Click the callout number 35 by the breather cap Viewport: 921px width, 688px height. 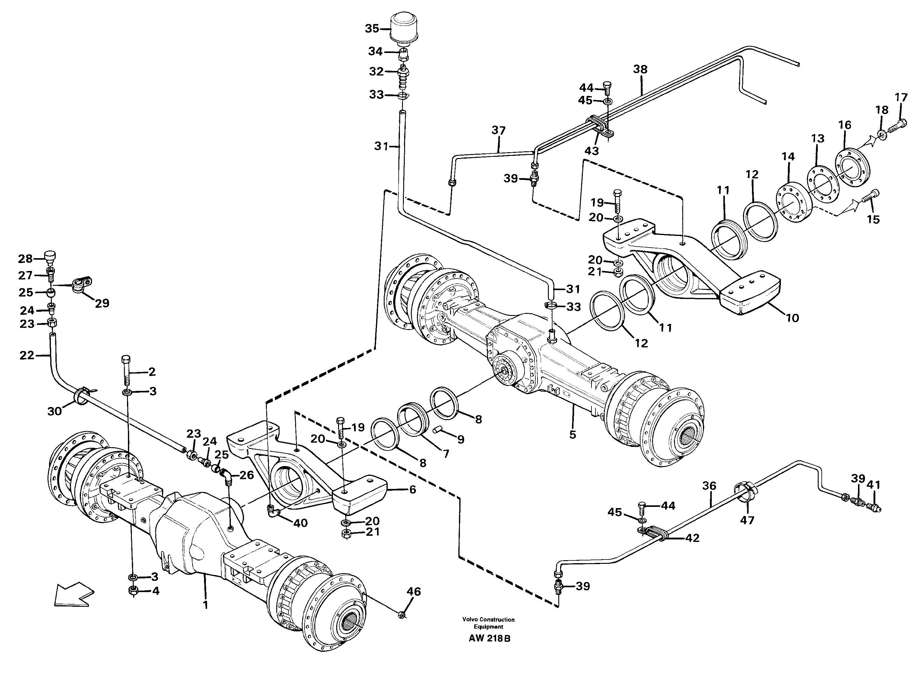(x=372, y=29)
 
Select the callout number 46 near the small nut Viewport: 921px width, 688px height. (x=414, y=591)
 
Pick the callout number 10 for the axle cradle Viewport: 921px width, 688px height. (x=793, y=318)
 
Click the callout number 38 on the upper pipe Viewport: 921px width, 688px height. (x=640, y=69)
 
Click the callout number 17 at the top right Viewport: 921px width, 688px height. (x=901, y=98)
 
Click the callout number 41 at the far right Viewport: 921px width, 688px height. (x=873, y=485)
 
